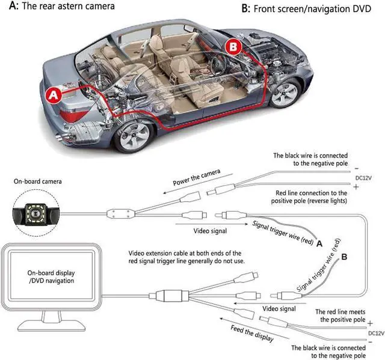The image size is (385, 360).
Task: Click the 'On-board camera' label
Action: point(38,181)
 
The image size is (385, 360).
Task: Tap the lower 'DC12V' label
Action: point(375,332)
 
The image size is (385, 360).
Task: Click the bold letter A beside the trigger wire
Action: point(319,243)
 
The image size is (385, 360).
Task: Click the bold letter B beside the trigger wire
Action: point(344,257)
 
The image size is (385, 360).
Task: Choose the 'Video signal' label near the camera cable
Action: point(210,230)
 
